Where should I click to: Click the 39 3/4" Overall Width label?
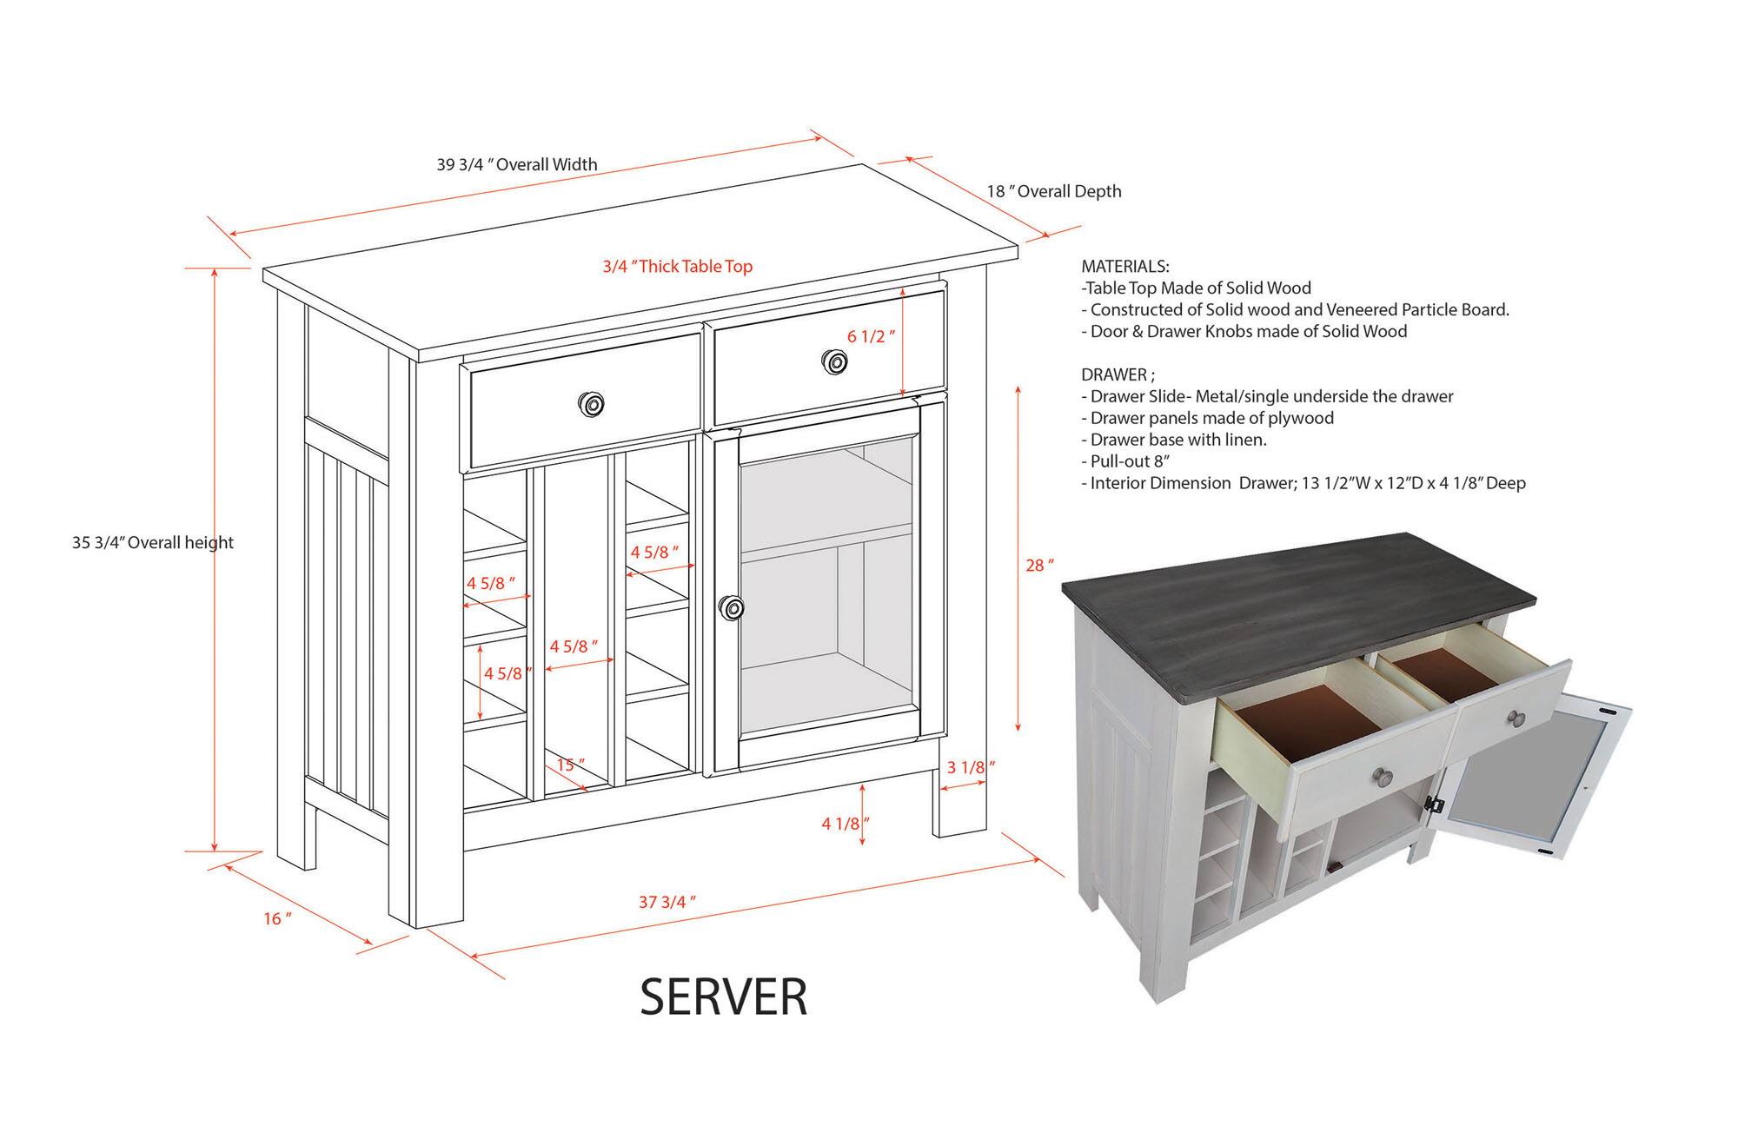point(516,164)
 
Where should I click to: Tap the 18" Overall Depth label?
point(1053,191)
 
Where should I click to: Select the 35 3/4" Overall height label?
point(153,543)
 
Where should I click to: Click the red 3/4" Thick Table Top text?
point(678,267)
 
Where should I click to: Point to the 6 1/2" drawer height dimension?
point(870,336)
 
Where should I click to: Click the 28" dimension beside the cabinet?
point(1039,566)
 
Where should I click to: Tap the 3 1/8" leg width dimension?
point(970,767)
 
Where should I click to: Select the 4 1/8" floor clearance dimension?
point(845,824)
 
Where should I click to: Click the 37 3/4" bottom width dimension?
point(667,902)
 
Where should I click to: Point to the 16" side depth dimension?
point(277,918)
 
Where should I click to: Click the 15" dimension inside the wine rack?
point(570,765)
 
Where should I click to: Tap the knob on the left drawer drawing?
point(592,403)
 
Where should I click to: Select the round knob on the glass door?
point(732,608)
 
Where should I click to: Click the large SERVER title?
point(724,997)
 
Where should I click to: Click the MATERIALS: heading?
point(1124,267)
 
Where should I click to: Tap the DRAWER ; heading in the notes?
point(1118,375)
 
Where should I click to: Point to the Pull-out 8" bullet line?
point(1131,461)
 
